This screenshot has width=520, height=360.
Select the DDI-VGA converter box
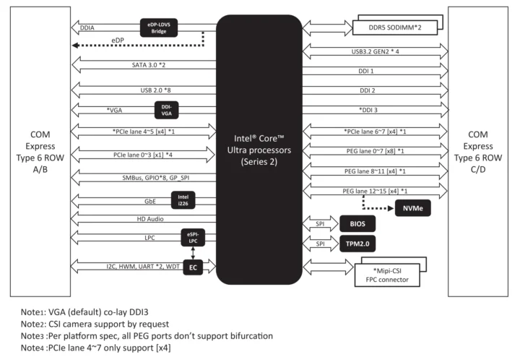coord(165,110)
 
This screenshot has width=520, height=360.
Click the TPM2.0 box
coord(360,245)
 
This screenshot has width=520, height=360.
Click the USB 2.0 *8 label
coord(152,90)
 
